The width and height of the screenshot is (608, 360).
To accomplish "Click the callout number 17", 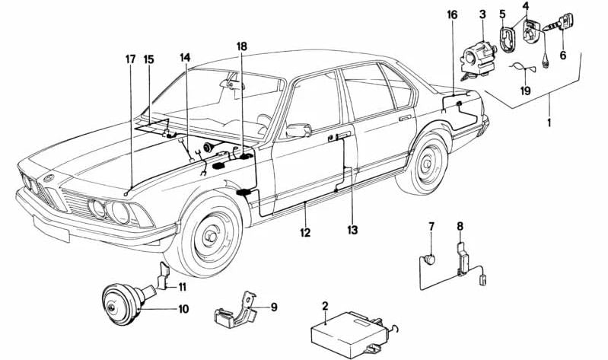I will pyautogui.click(x=130, y=59).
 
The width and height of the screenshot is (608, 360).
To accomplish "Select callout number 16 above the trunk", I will pyautogui.click(x=452, y=14).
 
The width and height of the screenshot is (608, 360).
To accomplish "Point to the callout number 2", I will pyautogui.click(x=325, y=307).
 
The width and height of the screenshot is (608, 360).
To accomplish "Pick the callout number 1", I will pyautogui.click(x=551, y=122).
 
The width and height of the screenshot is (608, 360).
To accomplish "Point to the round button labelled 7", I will pyautogui.click(x=430, y=259).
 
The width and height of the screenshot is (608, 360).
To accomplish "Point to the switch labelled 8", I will pyautogui.click(x=461, y=257).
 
